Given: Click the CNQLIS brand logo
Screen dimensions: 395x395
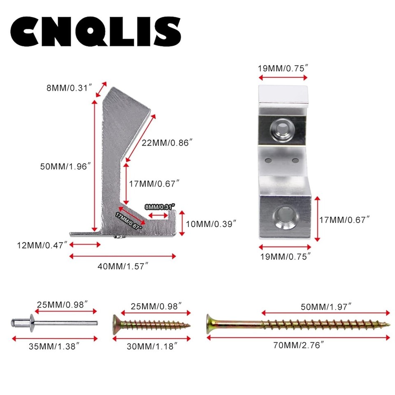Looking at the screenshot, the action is (x=96, y=32).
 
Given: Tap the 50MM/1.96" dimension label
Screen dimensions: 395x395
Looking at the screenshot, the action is (x=65, y=167).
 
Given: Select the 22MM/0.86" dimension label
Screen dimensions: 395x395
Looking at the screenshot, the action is (x=167, y=143).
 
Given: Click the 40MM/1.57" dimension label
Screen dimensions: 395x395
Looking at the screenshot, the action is (x=123, y=266).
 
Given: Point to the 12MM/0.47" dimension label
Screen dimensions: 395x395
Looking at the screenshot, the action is (x=42, y=245).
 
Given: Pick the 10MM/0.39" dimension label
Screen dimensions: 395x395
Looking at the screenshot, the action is (x=211, y=224).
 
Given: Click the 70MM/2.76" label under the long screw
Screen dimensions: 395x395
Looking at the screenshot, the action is (x=298, y=345).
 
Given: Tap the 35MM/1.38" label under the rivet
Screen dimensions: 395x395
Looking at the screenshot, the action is (x=54, y=346).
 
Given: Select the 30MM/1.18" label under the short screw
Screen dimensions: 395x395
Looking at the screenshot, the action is (x=152, y=346).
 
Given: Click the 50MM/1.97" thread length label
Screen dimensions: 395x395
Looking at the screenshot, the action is (x=326, y=307).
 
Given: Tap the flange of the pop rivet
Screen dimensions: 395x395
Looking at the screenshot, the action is (x=32, y=323).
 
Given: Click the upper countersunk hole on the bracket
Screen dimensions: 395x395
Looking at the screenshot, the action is (x=283, y=130).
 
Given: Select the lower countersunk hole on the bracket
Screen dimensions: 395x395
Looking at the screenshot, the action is (x=286, y=217).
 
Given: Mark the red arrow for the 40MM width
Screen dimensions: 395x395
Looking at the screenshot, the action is (x=123, y=256).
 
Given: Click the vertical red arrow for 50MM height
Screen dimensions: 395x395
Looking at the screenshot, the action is (x=95, y=165).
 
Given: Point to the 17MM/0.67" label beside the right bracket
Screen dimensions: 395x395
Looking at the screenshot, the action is (x=344, y=220).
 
